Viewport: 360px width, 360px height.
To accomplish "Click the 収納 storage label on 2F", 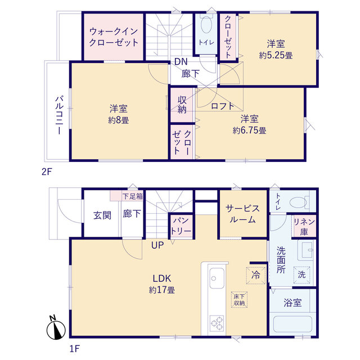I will click(182, 105).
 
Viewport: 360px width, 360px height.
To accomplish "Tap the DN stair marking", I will click(180, 62).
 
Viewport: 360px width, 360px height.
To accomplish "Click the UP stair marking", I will click(157, 245).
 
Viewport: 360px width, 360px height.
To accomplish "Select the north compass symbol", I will click(56, 328).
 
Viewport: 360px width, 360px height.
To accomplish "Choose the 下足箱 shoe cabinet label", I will click(133, 196).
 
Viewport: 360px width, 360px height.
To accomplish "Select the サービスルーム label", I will click(243, 214).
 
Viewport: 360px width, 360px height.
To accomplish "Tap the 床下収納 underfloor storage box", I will click(238, 299).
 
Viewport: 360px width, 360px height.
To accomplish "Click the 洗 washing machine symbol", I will click(301, 274).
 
